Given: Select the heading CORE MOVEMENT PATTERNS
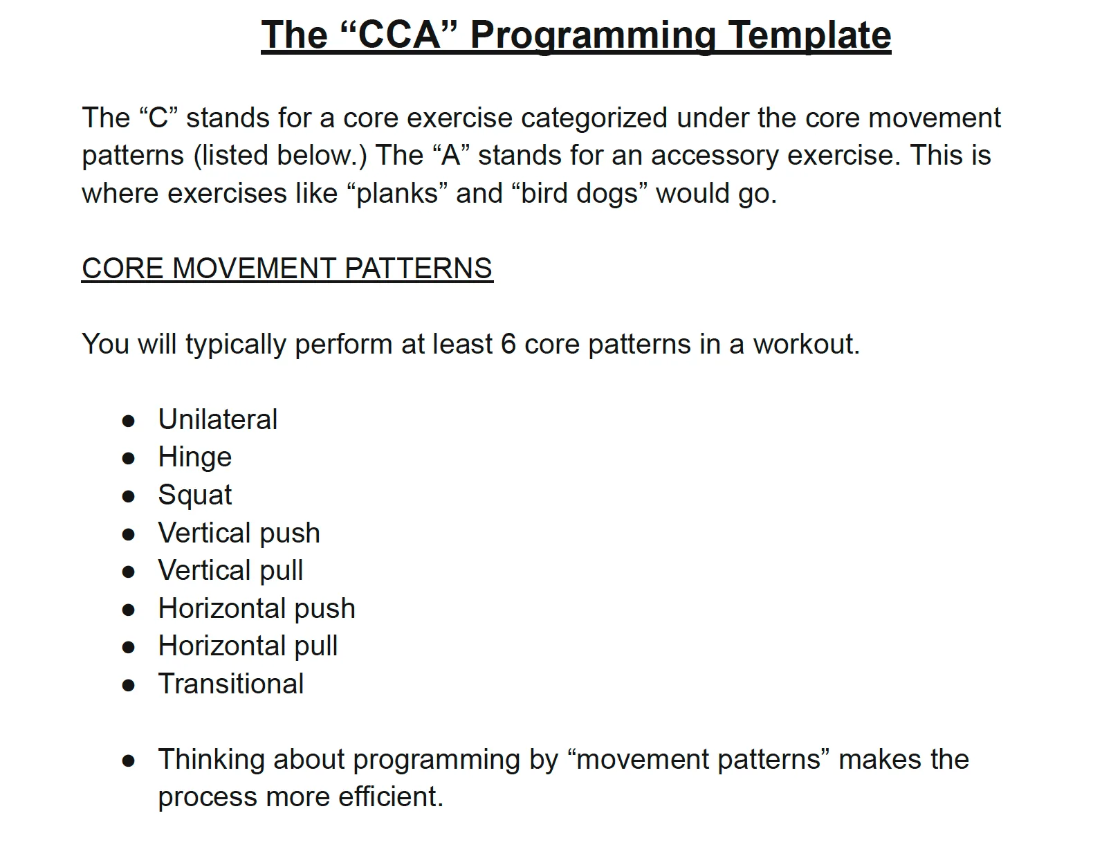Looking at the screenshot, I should click(287, 268).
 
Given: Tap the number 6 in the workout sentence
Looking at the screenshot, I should click(508, 344).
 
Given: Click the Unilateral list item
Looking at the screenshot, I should click(218, 419).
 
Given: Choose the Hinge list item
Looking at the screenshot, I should click(195, 457).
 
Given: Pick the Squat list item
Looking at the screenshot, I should click(195, 495).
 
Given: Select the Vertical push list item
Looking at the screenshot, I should click(239, 533).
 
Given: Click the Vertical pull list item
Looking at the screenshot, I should click(231, 571).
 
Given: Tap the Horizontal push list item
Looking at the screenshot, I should click(257, 608).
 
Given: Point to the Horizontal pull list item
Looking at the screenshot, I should click(248, 646).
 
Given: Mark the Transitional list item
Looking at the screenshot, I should click(231, 684).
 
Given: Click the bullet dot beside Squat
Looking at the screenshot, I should click(129, 497).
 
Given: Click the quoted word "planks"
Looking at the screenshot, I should click(397, 194).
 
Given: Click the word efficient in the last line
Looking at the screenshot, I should click(390, 797).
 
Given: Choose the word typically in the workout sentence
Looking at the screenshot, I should click(235, 345).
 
